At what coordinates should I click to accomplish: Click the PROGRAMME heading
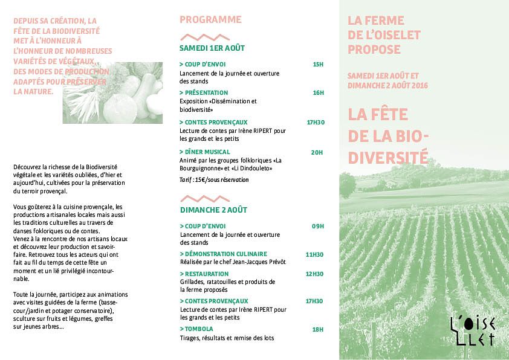point(210,19)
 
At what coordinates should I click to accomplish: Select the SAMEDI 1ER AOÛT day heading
point(212,48)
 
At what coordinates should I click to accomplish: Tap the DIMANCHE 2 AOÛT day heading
point(213,210)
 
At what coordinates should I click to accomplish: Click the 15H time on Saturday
point(318,64)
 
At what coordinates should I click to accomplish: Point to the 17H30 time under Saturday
point(316,123)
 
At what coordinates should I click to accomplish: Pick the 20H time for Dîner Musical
point(317,152)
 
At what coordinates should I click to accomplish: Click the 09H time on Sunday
point(317,226)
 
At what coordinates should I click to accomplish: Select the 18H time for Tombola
point(318,329)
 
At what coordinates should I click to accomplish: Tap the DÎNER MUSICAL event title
point(206,152)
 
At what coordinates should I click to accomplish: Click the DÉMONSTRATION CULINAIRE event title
point(223,254)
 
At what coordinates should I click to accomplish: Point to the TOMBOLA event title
point(198,329)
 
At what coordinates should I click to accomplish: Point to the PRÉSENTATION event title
point(205,93)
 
